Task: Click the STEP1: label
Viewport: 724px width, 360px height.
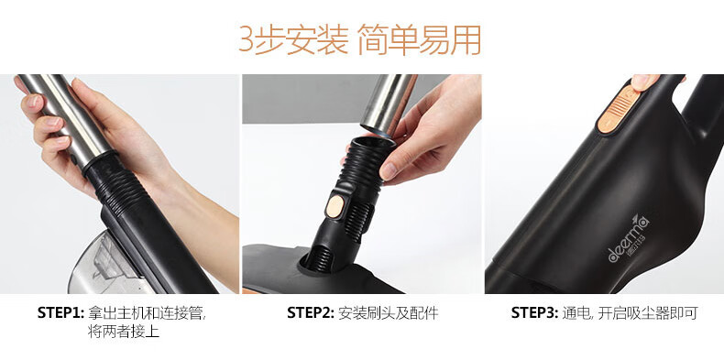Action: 60,313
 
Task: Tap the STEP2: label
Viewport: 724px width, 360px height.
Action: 311,313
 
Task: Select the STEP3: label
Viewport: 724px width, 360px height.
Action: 534,313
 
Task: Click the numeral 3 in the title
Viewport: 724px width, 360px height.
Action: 246,39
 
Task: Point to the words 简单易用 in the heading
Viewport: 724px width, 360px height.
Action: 419,39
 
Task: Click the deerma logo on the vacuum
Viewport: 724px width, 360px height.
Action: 629,238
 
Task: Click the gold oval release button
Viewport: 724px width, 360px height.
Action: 335,206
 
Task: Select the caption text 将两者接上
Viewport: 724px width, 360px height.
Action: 124,332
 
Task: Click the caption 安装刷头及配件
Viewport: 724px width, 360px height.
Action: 388,313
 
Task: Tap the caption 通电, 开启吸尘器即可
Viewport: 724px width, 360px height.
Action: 630,313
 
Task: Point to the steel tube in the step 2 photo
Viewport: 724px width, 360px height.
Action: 389,104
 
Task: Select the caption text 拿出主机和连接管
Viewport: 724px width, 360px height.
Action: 147,313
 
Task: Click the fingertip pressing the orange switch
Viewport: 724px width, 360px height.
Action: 645,82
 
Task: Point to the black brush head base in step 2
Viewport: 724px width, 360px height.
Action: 319,272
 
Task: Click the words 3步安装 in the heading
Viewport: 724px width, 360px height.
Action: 293,39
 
